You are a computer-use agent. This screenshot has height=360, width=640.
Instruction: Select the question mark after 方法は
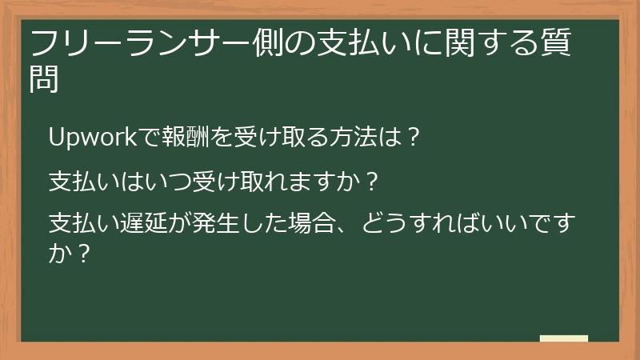click(x=414, y=137)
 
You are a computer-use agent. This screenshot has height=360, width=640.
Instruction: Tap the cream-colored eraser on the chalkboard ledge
click(x=563, y=338)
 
